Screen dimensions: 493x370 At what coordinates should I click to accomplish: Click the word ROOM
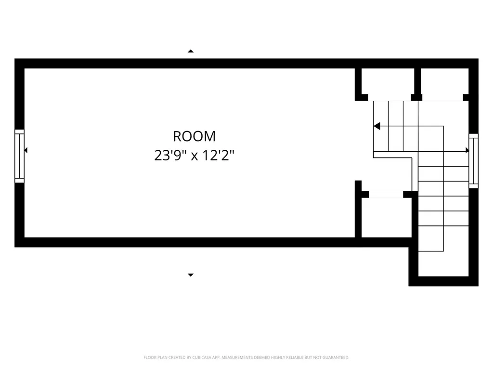pyautogui.click(x=195, y=136)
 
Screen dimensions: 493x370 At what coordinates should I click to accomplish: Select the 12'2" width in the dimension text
pyautogui.click(x=218, y=155)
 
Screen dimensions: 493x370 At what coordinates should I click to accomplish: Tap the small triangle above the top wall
pyautogui.click(x=191, y=51)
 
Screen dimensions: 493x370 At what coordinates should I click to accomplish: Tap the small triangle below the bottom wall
pyautogui.click(x=191, y=275)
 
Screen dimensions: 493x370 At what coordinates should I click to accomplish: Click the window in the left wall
pyautogui.click(x=19, y=156)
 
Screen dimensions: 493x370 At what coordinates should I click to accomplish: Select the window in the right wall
pyautogui.click(x=474, y=161)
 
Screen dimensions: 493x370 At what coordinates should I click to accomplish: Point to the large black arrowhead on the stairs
pyautogui.click(x=377, y=126)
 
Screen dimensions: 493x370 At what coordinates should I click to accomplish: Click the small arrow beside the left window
pyautogui.click(x=26, y=150)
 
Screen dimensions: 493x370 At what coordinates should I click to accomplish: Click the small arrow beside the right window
pyautogui.click(x=467, y=150)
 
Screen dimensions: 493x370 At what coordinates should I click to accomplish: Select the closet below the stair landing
pyautogui.click(x=387, y=217)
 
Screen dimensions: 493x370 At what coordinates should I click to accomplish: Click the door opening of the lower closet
pyautogui.click(x=386, y=195)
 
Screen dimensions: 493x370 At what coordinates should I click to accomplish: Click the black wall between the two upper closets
pyautogui.click(x=417, y=84)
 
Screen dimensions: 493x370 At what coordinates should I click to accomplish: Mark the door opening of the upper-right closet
pyautogui.click(x=442, y=101)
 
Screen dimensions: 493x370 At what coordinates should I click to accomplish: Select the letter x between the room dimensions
pyautogui.click(x=195, y=157)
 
